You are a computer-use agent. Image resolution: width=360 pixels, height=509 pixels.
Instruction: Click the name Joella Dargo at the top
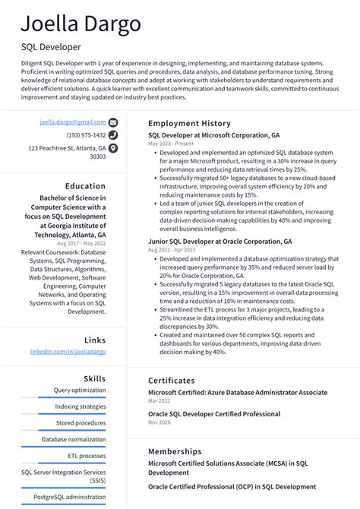81,24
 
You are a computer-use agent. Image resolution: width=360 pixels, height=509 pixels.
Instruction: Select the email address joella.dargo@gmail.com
73,122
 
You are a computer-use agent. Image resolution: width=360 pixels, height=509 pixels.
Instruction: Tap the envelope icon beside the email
113,122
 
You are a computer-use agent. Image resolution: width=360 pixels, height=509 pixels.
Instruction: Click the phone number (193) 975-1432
86,135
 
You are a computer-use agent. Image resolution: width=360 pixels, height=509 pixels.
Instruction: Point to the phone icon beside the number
113,135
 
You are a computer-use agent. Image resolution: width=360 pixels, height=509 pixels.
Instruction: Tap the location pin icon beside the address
113,148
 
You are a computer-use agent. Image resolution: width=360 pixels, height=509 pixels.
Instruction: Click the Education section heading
85,186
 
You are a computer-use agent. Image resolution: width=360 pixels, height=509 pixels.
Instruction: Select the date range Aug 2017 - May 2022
81,243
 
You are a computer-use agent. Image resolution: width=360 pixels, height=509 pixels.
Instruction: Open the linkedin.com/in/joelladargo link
68,352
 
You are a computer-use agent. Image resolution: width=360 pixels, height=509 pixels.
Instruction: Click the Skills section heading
94,378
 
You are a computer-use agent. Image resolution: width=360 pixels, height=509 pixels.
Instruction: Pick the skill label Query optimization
80,390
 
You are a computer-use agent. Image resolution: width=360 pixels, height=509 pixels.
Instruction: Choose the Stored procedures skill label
81,422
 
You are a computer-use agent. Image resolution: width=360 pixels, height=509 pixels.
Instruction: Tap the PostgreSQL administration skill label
75,497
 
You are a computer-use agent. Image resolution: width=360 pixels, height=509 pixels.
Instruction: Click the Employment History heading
189,122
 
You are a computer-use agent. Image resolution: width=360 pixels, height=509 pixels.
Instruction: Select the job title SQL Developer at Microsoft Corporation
213,134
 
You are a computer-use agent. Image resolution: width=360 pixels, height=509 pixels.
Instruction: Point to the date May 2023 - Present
171,144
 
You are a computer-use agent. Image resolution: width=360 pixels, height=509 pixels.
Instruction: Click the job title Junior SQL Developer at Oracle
219,241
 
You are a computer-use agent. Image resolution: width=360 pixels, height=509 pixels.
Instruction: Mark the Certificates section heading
172,380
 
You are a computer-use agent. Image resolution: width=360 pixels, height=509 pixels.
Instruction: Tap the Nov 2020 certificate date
159,422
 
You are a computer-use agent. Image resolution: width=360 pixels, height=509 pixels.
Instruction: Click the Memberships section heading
175,451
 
